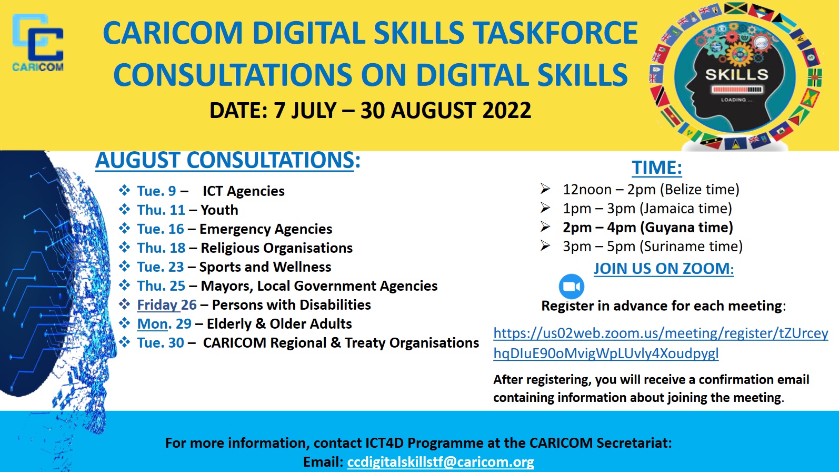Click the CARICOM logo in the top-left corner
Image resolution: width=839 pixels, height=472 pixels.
(x=38, y=42)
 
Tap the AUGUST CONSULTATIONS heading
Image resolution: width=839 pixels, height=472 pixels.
(x=228, y=161)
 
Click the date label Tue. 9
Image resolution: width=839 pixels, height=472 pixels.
(x=156, y=191)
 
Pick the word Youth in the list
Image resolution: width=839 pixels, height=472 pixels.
(x=219, y=210)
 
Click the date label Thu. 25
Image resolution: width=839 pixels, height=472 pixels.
(x=161, y=286)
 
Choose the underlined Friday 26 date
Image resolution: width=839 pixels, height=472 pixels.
(x=167, y=305)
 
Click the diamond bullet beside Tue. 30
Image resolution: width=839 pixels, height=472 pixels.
(x=124, y=342)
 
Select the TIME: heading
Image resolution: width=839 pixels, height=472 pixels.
(x=657, y=167)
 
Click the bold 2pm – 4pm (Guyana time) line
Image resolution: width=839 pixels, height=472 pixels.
(x=648, y=228)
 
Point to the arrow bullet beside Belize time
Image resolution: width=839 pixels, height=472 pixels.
(x=545, y=189)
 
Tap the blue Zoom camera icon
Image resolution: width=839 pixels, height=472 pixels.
(x=572, y=287)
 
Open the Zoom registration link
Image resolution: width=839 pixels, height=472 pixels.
(x=661, y=343)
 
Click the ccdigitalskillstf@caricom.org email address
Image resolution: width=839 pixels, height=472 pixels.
(x=441, y=462)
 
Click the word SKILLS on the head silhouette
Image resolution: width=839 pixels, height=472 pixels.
(x=737, y=75)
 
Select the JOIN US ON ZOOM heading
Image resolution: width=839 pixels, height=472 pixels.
(x=664, y=269)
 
